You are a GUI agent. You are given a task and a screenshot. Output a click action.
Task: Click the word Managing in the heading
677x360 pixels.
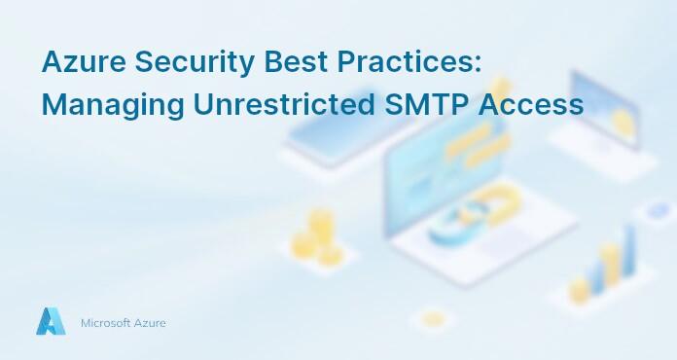[99, 104]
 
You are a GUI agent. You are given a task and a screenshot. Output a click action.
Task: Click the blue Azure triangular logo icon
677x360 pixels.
[50, 322]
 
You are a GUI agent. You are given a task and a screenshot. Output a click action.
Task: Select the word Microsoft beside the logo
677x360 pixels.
[107, 323]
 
